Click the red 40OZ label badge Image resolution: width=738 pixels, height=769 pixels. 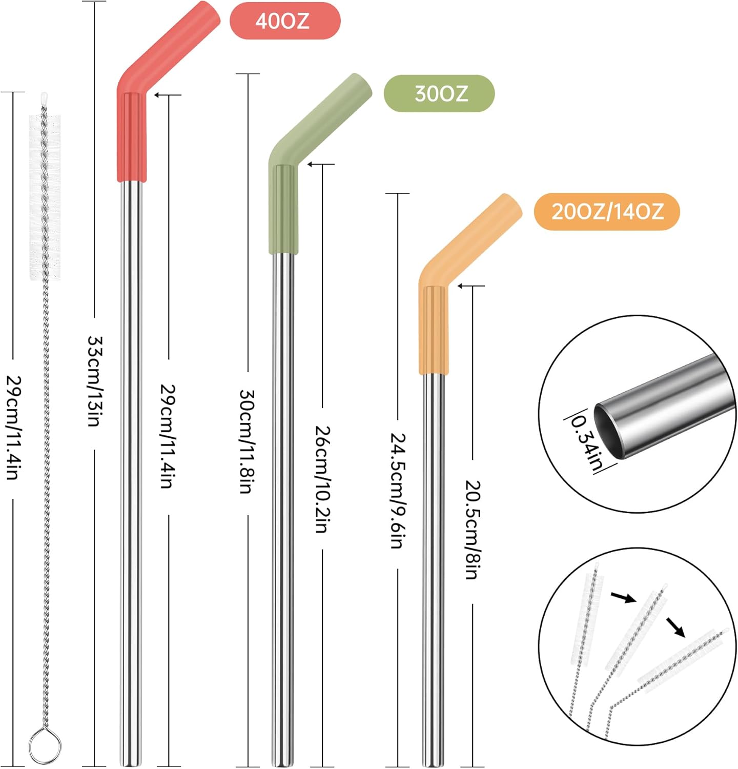(x=284, y=21)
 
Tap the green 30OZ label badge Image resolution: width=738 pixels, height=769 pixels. (x=439, y=94)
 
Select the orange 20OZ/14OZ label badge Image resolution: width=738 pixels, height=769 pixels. (x=607, y=212)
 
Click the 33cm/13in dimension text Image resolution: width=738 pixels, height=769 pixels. (x=95, y=382)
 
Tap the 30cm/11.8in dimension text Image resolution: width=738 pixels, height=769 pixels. (x=248, y=442)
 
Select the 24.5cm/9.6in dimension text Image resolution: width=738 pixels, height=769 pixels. (x=398, y=491)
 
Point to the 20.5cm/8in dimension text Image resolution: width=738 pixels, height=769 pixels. (x=472, y=530)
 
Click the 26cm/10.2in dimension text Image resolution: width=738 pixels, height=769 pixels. (x=322, y=479)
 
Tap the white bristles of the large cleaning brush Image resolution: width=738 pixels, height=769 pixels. (x=45, y=197)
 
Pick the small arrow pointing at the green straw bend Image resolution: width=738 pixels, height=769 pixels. (x=311, y=164)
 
